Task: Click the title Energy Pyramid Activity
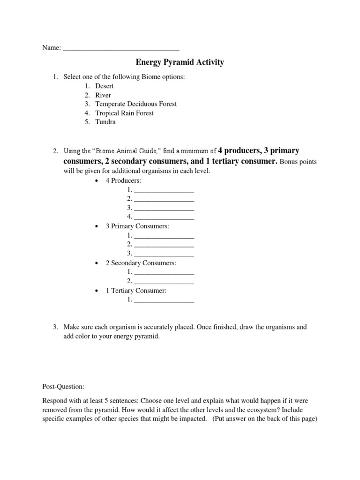coord(180,62)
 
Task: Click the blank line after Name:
coord(121,48)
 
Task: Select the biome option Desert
coord(105,86)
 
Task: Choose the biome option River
coord(103,95)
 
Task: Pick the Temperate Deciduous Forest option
coord(136,104)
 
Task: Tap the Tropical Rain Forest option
coord(124,113)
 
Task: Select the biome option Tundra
coord(105,122)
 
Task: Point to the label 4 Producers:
coord(123,181)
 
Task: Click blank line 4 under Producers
coord(164,217)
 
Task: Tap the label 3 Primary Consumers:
coord(137,226)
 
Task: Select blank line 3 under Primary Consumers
coord(164,254)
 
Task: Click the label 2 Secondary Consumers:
coord(141,263)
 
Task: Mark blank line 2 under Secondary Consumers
coord(164,281)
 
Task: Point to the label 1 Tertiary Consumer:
coord(136,291)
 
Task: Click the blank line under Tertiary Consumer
coord(164,300)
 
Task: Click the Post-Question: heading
coord(63,387)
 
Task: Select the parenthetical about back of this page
coord(265,420)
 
